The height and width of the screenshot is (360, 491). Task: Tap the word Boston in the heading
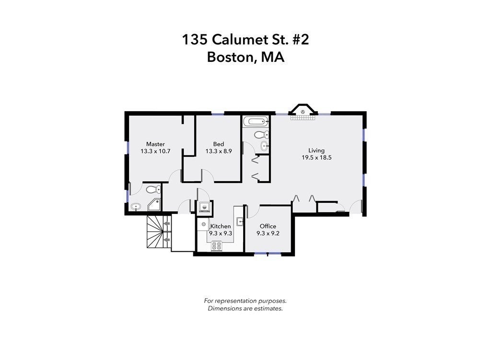(x=232, y=57)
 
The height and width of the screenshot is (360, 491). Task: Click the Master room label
(x=155, y=144)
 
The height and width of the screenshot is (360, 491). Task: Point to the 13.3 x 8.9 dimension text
(x=219, y=151)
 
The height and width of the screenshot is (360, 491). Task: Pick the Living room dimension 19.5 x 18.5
(x=316, y=157)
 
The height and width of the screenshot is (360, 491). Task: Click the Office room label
(x=268, y=226)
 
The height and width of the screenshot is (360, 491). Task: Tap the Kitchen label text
(x=221, y=226)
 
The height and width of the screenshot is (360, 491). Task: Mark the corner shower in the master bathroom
(x=154, y=205)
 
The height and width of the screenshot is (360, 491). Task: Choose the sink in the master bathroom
(x=136, y=207)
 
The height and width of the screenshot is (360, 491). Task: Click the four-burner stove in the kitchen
(x=217, y=245)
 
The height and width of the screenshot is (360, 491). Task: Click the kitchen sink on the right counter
(x=240, y=221)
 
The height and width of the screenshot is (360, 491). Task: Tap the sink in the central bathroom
(x=264, y=146)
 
